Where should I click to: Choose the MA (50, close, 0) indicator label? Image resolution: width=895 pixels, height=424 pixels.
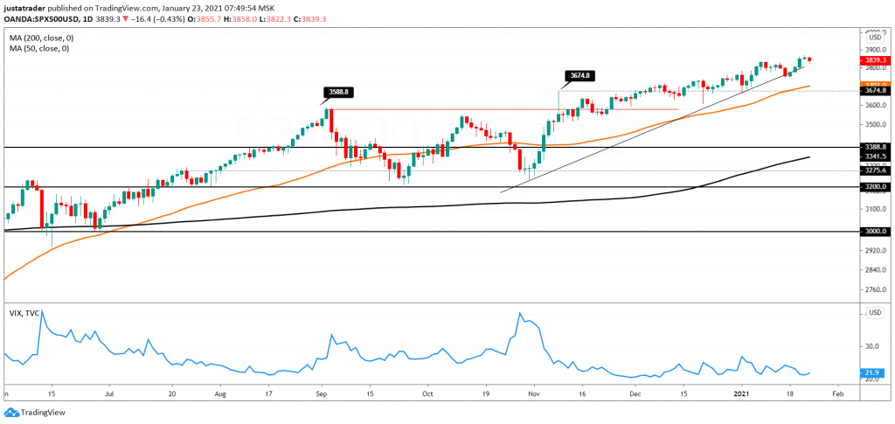(38, 49)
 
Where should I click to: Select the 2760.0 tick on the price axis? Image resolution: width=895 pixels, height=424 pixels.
(875, 289)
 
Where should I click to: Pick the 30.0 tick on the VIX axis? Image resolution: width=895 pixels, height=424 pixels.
(871, 346)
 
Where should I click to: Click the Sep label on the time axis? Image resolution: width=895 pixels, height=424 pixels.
(322, 394)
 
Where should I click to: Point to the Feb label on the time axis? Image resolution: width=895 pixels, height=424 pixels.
(836, 394)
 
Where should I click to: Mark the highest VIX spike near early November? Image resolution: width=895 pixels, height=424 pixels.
(521, 313)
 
